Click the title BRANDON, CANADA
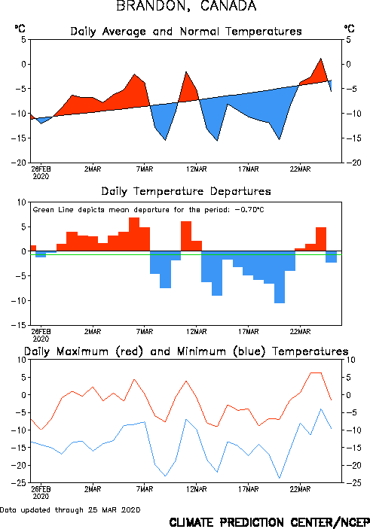[186, 6]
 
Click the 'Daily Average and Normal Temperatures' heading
[186, 32]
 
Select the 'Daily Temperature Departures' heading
[186, 191]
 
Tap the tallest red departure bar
[134, 234]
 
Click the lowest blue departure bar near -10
[280, 278]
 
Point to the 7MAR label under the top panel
[145, 169]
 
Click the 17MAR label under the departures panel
[249, 332]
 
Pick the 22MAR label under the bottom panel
[300, 489]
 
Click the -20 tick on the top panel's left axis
[19, 163]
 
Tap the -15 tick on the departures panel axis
[19, 325]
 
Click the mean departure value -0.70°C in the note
[249, 210]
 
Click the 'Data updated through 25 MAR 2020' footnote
[70, 509]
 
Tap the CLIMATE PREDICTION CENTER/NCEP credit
[269, 522]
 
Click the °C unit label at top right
[350, 29]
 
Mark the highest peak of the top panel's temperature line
[321, 59]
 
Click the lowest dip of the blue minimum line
[280, 478]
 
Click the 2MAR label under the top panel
[93, 169]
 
